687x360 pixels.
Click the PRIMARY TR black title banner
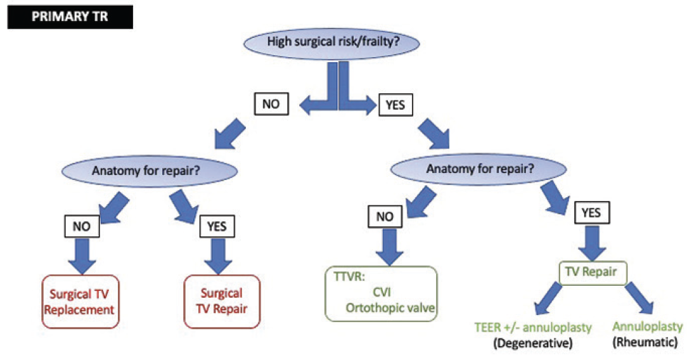pyautogui.click(x=69, y=16)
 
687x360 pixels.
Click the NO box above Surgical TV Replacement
pyautogui.click(x=81, y=225)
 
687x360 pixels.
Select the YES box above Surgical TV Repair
pyautogui.click(x=217, y=225)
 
